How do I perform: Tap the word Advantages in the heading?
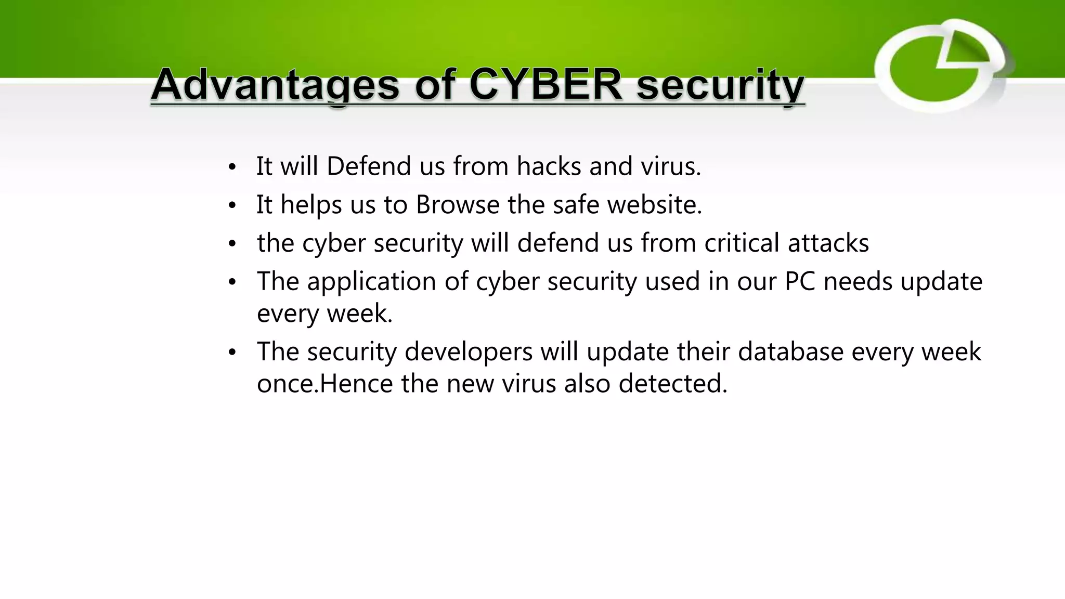click(x=276, y=85)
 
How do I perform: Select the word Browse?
click(x=458, y=204)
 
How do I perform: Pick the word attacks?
click(x=828, y=243)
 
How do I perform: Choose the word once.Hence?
click(x=324, y=384)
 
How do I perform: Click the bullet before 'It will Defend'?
click(x=232, y=167)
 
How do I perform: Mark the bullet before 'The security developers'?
click(x=232, y=353)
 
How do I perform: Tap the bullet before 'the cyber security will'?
click(x=232, y=244)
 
